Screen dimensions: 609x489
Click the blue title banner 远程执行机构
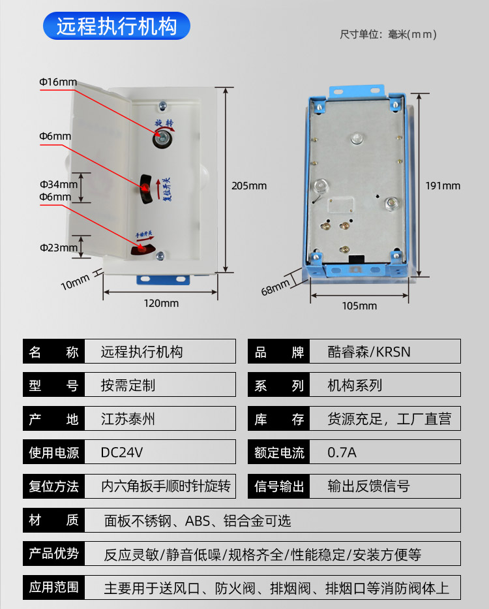pos(117,27)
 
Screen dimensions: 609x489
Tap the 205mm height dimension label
pos(249,185)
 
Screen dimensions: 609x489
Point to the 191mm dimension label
pos(443,185)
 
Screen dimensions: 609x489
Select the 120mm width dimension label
pos(161,303)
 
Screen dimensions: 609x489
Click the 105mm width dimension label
pos(360,305)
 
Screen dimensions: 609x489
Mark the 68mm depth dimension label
pos(275,287)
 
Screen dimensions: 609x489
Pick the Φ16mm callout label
pos(58,82)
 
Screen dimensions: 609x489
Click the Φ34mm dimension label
pos(58,184)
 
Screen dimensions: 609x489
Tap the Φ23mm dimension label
pos(58,247)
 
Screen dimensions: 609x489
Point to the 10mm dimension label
pos(75,282)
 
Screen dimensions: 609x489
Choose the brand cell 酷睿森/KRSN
pos(369,352)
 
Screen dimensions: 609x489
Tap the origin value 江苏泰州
pos(128,419)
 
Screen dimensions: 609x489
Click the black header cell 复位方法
pos(54,486)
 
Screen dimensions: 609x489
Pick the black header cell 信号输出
pos(279,486)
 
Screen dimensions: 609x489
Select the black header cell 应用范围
pos(54,587)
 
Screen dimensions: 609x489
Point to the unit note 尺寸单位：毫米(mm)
pos(388,34)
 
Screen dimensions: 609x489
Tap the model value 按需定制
pos(128,385)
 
